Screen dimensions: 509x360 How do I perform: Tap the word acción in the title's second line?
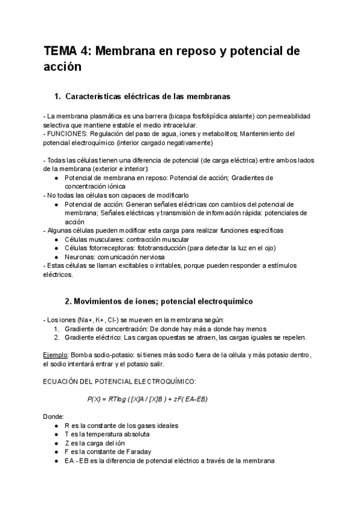pyautogui.click(x=62, y=67)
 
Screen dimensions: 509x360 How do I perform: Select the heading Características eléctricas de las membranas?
pyautogui.click(x=147, y=96)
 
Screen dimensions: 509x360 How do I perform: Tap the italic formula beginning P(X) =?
pyautogui.click(x=148, y=399)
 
